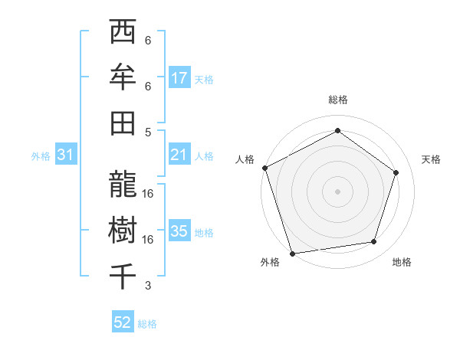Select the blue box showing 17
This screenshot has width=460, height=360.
tap(179, 78)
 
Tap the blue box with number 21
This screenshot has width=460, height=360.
tap(179, 155)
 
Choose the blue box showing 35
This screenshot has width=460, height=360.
tap(179, 231)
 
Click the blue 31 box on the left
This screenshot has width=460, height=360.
tap(65, 155)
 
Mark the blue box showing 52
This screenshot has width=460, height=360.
tap(123, 323)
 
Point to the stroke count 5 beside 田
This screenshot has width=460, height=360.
tap(148, 132)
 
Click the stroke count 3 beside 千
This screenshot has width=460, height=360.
tap(148, 286)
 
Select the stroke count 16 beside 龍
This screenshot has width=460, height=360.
tap(148, 194)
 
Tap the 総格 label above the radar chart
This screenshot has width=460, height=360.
tap(337, 100)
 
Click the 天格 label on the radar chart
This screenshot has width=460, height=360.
tap(431, 159)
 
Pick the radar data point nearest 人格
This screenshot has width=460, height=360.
tap(264, 168)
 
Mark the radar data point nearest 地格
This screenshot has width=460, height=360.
tap(374, 242)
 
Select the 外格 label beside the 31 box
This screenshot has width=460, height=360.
tap(41, 156)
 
